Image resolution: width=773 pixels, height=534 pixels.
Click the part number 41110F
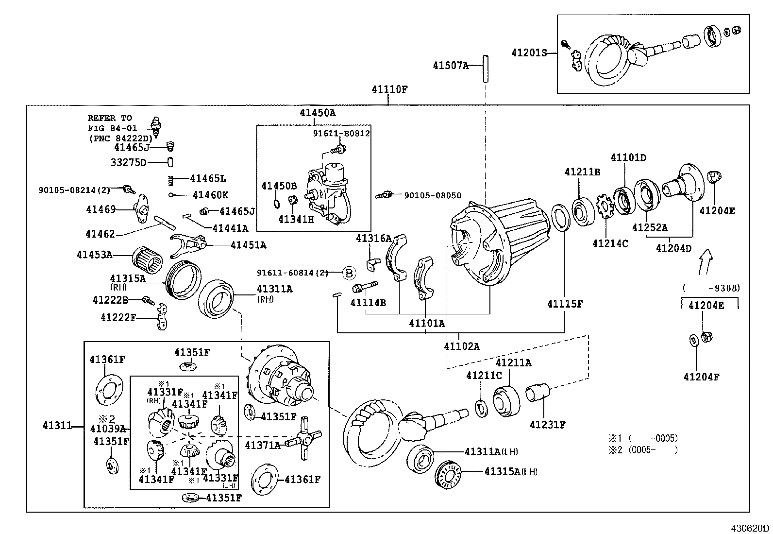pyautogui.click(x=389, y=89)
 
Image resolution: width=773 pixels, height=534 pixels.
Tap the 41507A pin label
pyautogui.click(x=451, y=65)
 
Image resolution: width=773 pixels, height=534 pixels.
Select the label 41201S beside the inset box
pyautogui.click(x=529, y=53)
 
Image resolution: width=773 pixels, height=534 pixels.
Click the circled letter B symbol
pyautogui.click(x=349, y=273)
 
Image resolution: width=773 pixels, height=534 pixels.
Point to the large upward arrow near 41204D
pyautogui.click(x=706, y=261)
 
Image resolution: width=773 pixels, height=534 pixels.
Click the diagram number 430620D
pyautogui.click(x=750, y=528)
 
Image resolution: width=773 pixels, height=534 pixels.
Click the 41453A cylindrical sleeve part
pyautogui.click(x=148, y=260)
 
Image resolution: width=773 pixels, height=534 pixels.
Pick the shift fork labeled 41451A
pyautogui.click(x=187, y=245)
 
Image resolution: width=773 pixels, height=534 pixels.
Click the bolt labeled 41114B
pyautogui.click(x=365, y=286)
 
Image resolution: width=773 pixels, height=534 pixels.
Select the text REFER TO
pyautogui.click(x=110, y=118)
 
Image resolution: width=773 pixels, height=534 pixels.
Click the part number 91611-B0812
pyautogui.click(x=341, y=133)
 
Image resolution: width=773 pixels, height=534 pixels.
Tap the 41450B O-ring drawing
pyautogui.click(x=276, y=204)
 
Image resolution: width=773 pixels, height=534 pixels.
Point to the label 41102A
pyautogui.click(x=461, y=346)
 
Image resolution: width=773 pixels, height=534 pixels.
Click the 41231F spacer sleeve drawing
pyautogui.click(x=538, y=393)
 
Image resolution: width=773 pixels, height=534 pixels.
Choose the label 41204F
pyautogui.click(x=701, y=377)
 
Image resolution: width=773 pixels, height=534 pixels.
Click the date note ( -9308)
pyautogui.click(x=711, y=288)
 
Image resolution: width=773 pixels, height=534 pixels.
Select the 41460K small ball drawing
pyautogui.click(x=170, y=195)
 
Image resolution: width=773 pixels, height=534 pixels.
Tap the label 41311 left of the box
pyautogui.click(x=57, y=426)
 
